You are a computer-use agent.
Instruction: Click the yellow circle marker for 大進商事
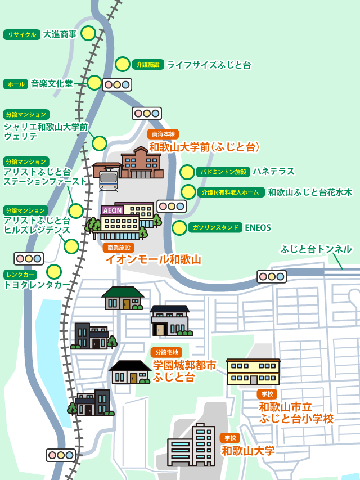click(x=88, y=33)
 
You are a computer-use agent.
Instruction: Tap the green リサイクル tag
click(x=22, y=34)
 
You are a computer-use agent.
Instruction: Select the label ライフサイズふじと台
click(x=209, y=65)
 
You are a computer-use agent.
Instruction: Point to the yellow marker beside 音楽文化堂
click(x=94, y=83)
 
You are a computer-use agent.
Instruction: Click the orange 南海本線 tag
click(x=163, y=134)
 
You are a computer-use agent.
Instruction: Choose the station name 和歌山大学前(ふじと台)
click(x=204, y=147)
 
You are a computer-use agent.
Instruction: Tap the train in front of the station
click(x=108, y=180)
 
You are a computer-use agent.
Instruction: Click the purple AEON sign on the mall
click(x=112, y=210)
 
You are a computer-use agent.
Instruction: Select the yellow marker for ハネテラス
click(x=187, y=172)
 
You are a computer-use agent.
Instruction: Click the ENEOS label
click(x=258, y=228)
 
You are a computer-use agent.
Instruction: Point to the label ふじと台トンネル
click(x=316, y=249)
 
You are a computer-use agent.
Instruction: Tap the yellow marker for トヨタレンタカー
click(x=54, y=272)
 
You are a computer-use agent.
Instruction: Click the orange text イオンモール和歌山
click(x=154, y=259)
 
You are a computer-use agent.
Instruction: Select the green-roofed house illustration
click(x=123, y=298)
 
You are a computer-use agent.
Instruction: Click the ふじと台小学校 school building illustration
click(x=253, y=372)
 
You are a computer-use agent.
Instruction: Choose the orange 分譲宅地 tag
click(x=166, y=352)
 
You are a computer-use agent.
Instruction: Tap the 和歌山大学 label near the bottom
click(x=248, y=451)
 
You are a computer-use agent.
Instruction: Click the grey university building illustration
click(x=191, y=445)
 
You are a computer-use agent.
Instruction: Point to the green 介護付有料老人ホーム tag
click(x=231, y=192)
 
